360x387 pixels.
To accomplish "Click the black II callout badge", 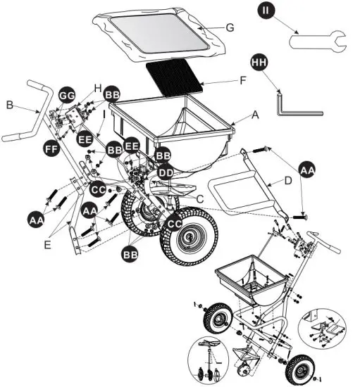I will tap(265, 11).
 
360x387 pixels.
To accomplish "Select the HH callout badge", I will tap(259, 63).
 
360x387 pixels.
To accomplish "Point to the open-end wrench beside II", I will tap(317, 42).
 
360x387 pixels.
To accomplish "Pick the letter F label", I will tap(243, 81).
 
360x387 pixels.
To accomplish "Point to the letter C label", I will tap(200, 199).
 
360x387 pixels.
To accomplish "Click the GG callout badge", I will tap(68, 94).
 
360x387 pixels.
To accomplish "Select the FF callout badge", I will tap(50, 149).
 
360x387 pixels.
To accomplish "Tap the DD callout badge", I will tap(166, 172).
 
